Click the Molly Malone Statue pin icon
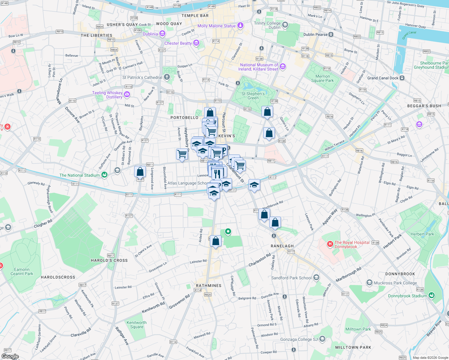tap(240, 25)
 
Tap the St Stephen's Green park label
tap(253, 96)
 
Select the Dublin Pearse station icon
tap(331, 34)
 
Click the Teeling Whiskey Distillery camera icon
tap(127, 95)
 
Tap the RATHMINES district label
tap(209, 286)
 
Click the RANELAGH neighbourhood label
tap(282, 246)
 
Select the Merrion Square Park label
tap(322, 78)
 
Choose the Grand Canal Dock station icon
tap(402, 78)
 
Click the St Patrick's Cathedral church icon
tap(167, 77)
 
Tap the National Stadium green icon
tap(104, 175)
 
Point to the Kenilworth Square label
tap(137, 325)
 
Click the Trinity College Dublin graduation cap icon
tap(285, 25)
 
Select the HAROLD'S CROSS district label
tap(109, 260)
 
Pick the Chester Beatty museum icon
tap(196, 43)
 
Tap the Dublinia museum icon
tap(162, 34)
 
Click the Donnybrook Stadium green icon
tap(432, 295)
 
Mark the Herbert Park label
tap(422, 234)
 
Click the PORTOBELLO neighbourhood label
tap(184, 118)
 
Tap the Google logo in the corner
tap(10, 356)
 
